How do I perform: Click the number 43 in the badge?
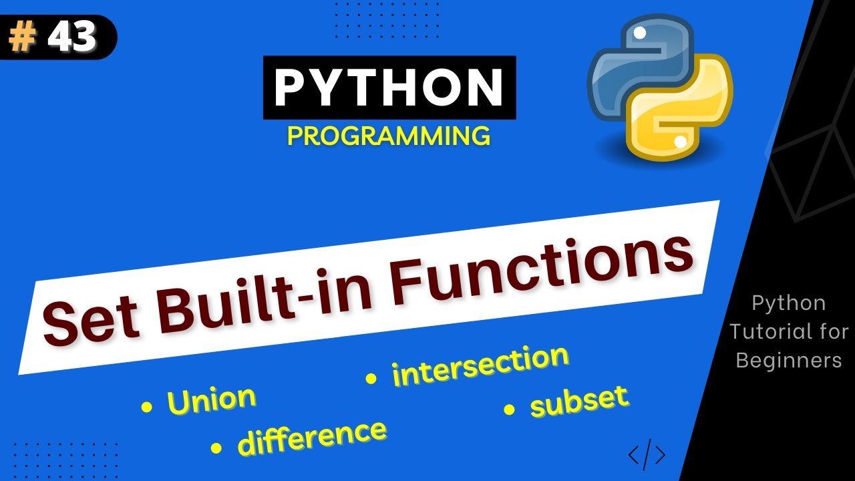tap(73, 38)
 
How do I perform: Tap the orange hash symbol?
tap(23, 38)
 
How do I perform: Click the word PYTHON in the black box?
tap(389, 88)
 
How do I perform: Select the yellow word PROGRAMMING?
tap(389, 136)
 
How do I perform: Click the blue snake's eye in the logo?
tap(639, 32)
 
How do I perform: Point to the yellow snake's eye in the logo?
tap(680, 141)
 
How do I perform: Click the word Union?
tap(212, 399)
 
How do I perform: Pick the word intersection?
tap(480, 365)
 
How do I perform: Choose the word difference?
tap(312, 438)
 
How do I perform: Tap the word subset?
tap(579, 401)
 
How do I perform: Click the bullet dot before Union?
tap(146, 406)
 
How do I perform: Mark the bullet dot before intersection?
tap(371, 379)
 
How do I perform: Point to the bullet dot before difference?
tap(216, 448)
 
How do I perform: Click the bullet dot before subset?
tap(510, 410)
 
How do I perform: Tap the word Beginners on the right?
tap(788, 360)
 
